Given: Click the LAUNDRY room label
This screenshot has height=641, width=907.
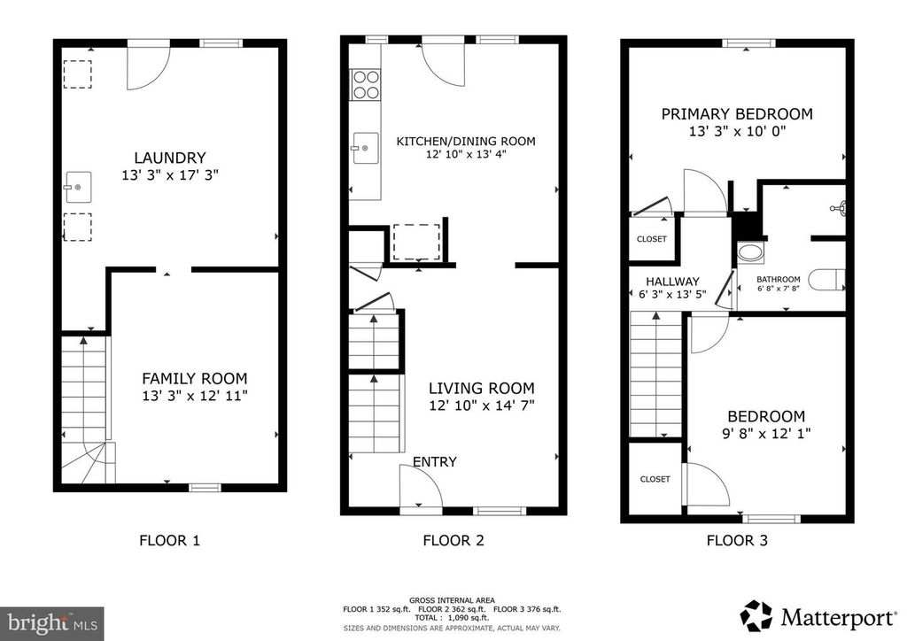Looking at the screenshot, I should (x=169, y=158).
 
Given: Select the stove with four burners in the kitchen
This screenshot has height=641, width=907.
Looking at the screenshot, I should (x=366, y=84).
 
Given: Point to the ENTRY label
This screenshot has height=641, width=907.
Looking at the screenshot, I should (x=435, y=461).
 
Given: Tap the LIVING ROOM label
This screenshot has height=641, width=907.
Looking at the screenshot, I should (x=482, y=388).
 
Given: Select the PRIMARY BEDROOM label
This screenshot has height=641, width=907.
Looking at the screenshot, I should (x=737, y=113).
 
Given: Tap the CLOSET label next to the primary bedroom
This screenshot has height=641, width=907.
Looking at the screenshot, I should (x=652, y=239).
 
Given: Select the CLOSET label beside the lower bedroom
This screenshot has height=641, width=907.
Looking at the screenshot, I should (x=655, y=479).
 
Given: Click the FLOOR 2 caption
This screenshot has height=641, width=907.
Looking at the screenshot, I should (x=453, y=540).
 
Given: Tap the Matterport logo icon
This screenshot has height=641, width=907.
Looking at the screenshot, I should (x=756, y=614).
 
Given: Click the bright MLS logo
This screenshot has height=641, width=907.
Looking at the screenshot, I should (x=51, y=622).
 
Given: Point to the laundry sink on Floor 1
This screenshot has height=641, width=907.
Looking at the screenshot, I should (x=78, y=188).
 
